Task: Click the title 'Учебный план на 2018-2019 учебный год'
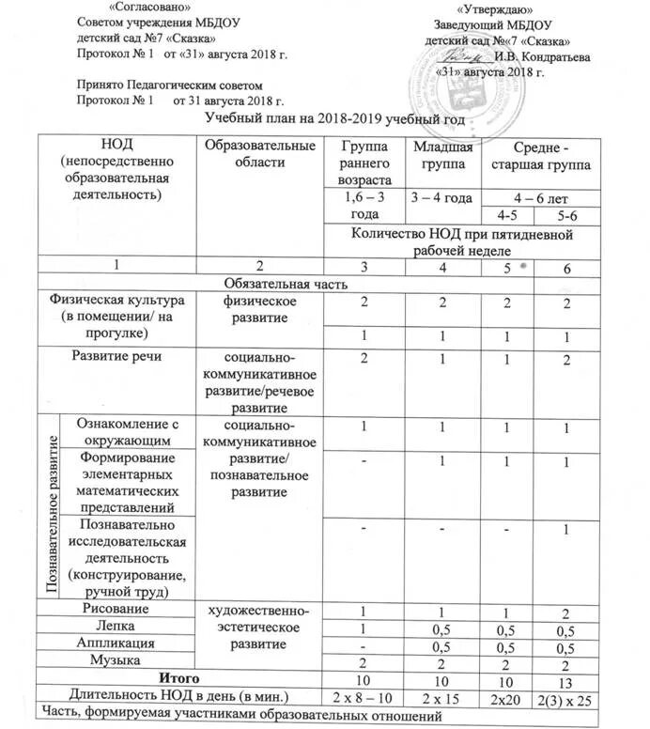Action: coord(334,119)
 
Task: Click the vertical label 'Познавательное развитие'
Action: coord(47,508)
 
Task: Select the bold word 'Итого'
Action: coord(178,678)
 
